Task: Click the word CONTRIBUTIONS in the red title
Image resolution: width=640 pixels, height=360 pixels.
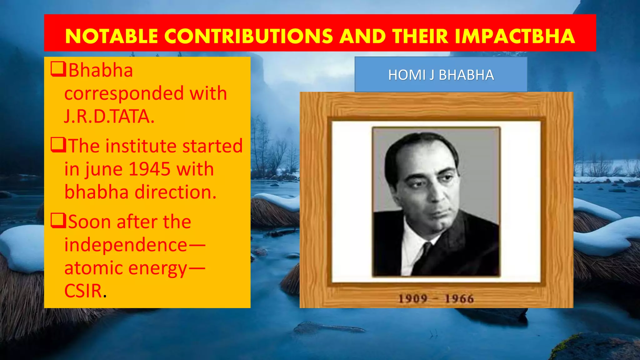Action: [x=248, y=36]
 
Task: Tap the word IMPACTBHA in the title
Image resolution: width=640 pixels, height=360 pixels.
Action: [x=515, y=36]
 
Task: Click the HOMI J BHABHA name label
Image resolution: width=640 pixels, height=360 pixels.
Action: [x=441, y=75]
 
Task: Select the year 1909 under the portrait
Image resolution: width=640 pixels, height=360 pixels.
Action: [x=412, y=298]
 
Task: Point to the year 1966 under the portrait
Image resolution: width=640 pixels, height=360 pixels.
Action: [x=459, y=298]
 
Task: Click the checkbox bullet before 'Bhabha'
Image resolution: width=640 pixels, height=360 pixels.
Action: [x=58, y=69]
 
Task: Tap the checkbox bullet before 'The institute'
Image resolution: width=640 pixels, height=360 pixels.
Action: [x=58, y=145]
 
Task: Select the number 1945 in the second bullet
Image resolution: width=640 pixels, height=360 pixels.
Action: [x=149, y=169]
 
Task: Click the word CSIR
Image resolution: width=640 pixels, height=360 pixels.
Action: [x=83, y=291]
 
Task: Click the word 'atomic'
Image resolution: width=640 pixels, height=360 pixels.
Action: [x=94, y=268]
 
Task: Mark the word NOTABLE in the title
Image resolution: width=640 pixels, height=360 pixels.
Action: [x=111, y=36]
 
